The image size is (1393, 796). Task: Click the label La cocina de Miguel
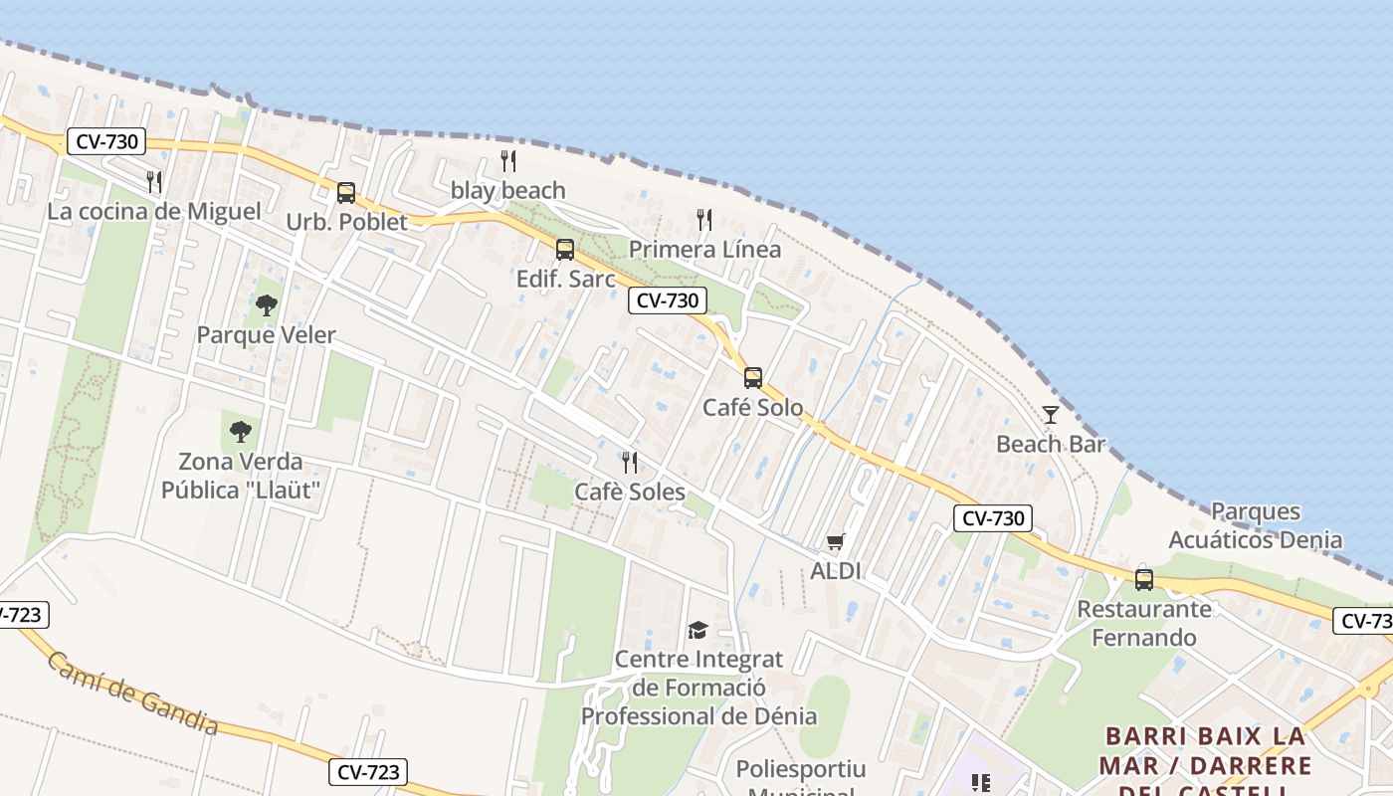point(154,212)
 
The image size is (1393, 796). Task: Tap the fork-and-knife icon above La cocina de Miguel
point(154,181)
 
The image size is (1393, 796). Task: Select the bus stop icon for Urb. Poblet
point(346,192)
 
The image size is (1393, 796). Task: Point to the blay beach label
point(507,190)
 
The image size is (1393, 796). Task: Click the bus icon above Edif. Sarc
point(565,250)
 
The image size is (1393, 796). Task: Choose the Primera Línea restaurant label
point(704,249)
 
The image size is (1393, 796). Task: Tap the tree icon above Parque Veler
point(266,305)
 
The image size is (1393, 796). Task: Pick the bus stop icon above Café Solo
point(753,378)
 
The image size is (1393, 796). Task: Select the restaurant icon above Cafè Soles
point(629,462)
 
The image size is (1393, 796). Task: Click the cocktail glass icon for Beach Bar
point(1051,414)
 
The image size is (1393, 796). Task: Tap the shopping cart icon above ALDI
point(835,542)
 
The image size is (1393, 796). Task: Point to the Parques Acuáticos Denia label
point(1255,526)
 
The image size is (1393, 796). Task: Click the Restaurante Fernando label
point(1144,623)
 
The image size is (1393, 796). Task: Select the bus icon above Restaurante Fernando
point(1144,579)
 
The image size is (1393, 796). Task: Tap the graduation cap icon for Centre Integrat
point(697,630)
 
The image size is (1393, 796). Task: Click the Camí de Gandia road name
point(132,694)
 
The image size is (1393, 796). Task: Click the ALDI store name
point(835,571)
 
